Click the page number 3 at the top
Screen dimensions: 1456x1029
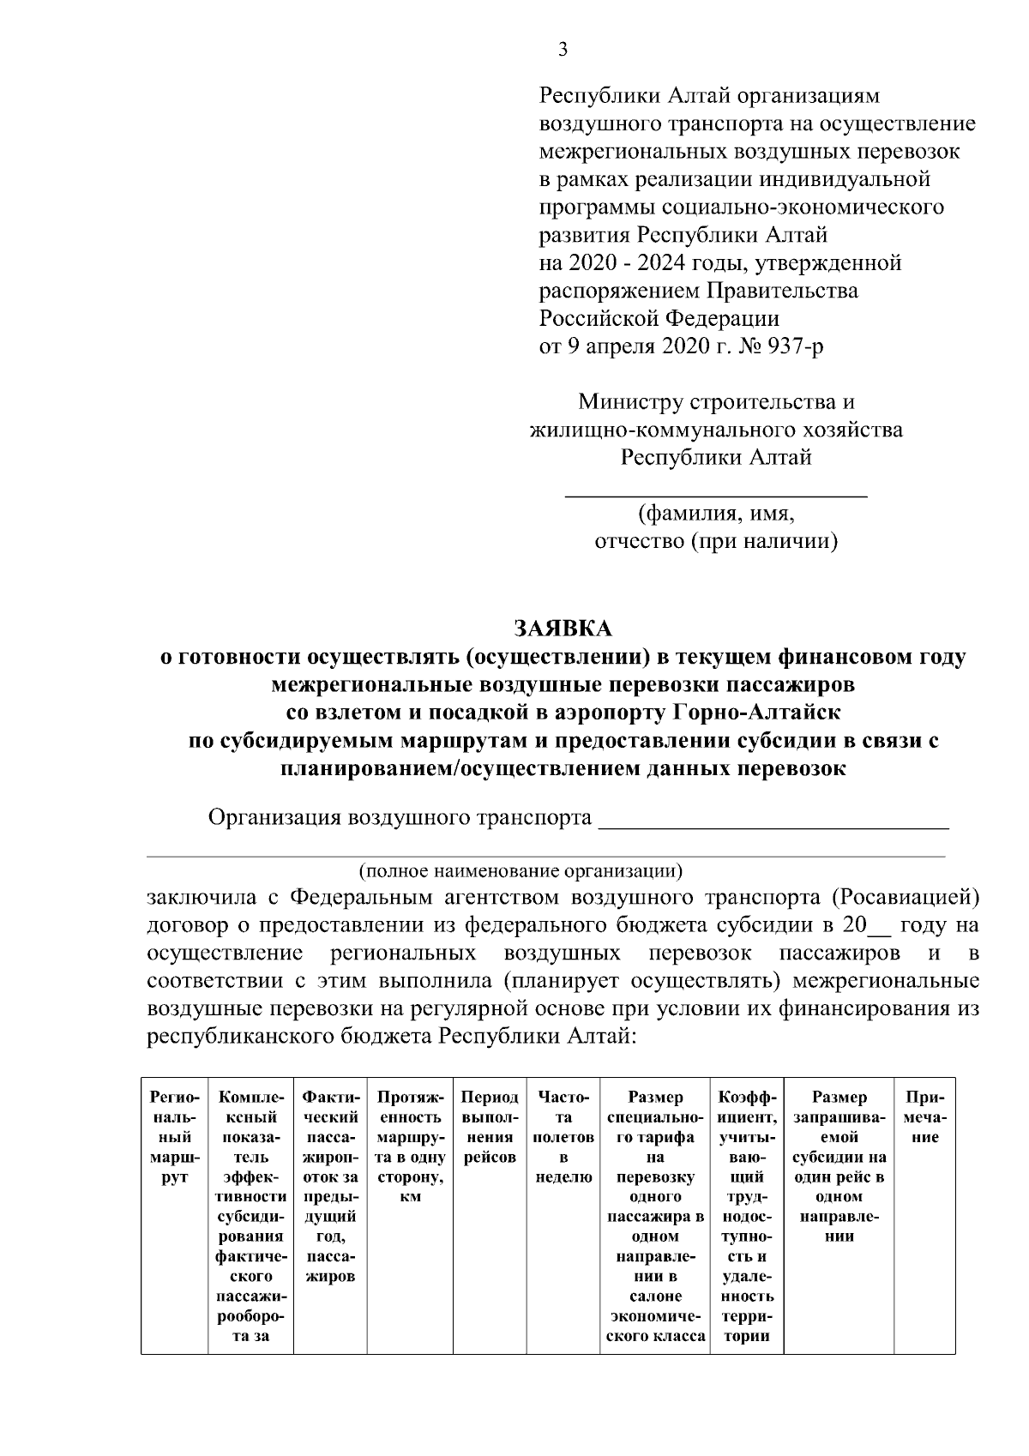pos(563,50)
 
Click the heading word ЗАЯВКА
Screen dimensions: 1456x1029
pos(563,629)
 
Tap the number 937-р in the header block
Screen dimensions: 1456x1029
pos(797,346)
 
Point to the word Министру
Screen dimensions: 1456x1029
pos(631,401)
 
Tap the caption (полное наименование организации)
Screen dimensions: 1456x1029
pos(521,871)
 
